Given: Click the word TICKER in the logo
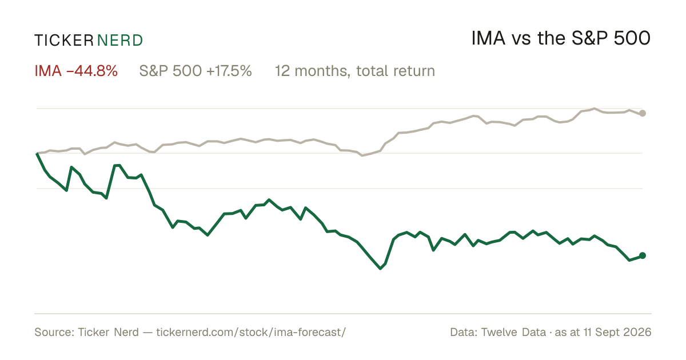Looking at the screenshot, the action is click(64, 41).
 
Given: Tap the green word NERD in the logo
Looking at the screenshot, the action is click(120, 41).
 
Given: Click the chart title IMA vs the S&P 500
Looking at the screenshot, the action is click(561, 38).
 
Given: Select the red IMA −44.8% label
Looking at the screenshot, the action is click(76, 71).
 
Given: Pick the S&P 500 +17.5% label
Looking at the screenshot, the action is click(196, 71).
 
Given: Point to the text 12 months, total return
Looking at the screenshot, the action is click(355, 71).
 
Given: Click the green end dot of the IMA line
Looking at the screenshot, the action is click(643, 255).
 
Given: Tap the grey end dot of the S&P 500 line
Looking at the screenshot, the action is click(643, 113).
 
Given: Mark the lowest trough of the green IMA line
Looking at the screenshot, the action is click(380, 269).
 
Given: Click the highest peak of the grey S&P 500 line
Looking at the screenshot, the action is click(595, 109).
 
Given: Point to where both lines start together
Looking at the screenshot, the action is click(37, 153).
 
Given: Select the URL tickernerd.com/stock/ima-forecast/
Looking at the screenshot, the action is click(251, 332).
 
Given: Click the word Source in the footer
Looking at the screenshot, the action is click(53, 332).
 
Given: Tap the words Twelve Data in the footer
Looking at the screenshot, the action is click(513, 332).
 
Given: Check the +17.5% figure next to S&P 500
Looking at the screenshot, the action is click(229, 71).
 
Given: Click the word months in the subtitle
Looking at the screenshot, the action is click(322, 71).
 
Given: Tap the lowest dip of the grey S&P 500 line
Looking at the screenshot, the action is click(362, 155).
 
